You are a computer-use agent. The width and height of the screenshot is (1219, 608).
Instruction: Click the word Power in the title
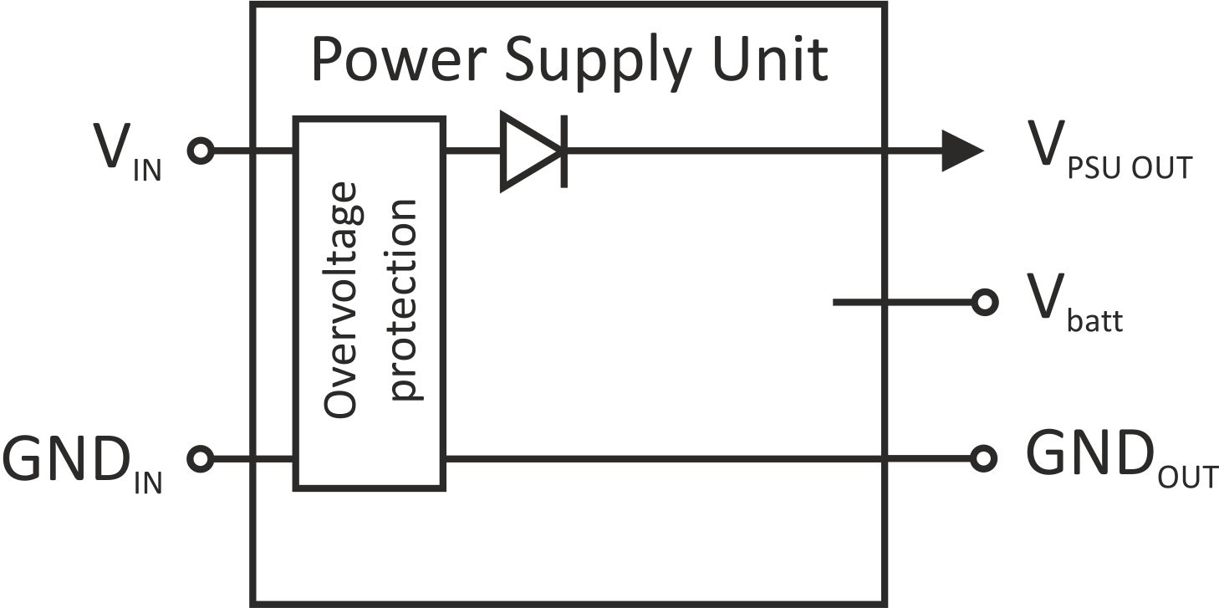pos(399,59)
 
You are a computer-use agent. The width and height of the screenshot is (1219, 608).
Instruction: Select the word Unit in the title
pos(769,59)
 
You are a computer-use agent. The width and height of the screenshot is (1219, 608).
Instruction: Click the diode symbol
pos(534,151)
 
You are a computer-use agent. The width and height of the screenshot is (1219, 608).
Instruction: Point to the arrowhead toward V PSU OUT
pos(962,151)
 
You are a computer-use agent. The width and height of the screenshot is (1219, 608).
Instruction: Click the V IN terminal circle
pos(201,151)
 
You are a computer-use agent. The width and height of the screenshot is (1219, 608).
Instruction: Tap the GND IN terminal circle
pos(201,459)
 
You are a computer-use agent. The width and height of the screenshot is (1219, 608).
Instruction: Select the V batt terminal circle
pos(984,302)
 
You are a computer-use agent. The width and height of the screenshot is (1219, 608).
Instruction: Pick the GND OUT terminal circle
pos(983,458)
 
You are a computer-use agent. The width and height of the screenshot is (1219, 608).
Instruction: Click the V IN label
pos(128,152)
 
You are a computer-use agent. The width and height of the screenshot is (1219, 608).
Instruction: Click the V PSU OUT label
pos(1110,151)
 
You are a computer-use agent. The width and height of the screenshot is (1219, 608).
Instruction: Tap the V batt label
pos(1075,304)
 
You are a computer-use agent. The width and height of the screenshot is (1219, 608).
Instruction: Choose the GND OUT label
pos(1121,459)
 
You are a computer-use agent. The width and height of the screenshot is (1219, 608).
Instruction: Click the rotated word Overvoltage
pos(340,300)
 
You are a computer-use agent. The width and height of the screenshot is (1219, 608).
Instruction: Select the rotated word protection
pos(404,300)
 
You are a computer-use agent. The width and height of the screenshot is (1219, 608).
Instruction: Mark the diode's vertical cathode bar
pos(564,151)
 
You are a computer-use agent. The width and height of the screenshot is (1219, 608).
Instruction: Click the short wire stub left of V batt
pos(902,302)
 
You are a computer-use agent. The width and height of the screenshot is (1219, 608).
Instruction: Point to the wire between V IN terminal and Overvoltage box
pos(253,151)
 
